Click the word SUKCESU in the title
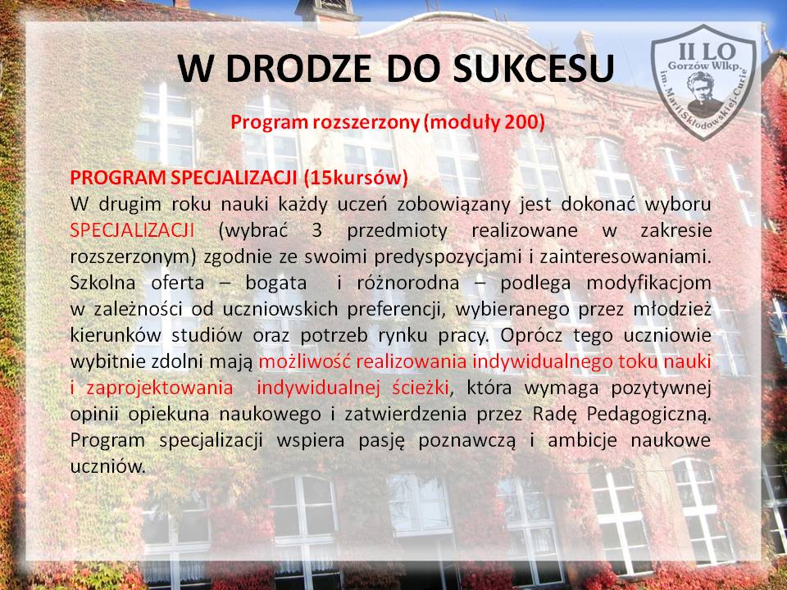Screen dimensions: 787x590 (x=534, y=68)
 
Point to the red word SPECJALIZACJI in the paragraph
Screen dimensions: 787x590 (x=132, y=230)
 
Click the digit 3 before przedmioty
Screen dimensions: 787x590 (x=316, y=230)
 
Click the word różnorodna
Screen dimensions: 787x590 (x=407, y=283)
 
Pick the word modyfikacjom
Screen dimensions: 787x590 (x=648, y=284)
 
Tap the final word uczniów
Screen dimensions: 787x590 (x=107, y=466)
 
